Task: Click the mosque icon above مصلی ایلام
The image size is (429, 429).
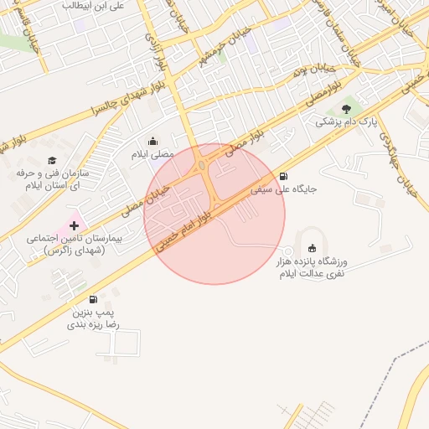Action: tap(153, 141)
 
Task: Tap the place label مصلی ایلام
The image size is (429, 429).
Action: tap(152, 155)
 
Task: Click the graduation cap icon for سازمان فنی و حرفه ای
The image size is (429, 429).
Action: tap(52, 160)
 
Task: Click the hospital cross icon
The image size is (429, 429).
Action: tap(75, 225)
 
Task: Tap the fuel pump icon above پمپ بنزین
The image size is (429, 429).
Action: tap(92, 299)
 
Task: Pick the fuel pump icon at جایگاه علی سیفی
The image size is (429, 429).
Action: tap(284, 176)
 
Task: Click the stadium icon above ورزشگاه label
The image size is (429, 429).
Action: tap(313, 249)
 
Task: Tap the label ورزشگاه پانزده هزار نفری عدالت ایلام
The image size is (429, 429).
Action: tap(312, 268)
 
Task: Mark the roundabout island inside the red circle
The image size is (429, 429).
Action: tap(204, 166)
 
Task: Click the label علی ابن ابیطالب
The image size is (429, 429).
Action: tap(93, 5)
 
